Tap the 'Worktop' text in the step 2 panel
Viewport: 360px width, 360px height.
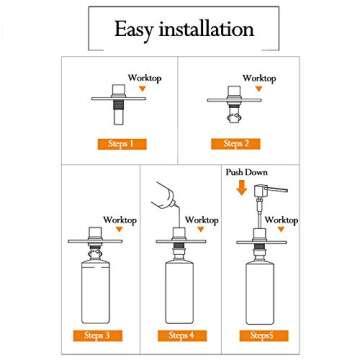click(260, 76)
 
